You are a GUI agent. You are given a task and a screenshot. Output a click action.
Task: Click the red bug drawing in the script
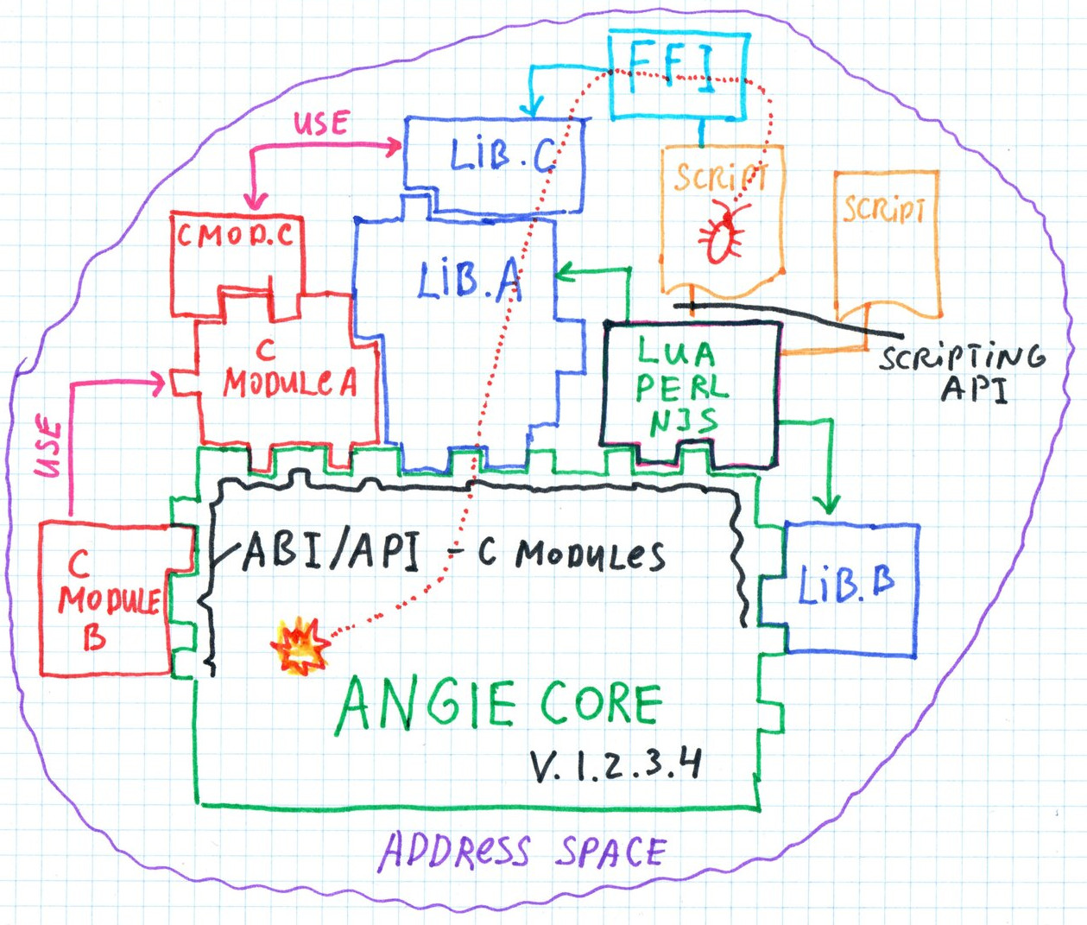[x=722, y=233]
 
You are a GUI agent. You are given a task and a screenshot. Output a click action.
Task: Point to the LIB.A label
[x=469, y=281]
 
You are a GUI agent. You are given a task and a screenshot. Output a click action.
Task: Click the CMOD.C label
[x=236, y=235]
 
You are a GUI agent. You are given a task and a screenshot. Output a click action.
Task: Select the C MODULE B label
[x=104, y=600]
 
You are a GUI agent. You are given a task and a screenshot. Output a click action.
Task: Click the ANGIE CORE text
[x=499, y=704]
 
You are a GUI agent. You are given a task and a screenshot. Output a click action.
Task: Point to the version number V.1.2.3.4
[x=615, y=764]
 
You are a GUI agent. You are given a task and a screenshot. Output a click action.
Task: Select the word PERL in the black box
[x=682, y=388]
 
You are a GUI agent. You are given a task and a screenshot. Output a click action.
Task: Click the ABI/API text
[x=332, y=550]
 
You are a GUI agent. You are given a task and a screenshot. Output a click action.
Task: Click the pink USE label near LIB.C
[x=321, y=124]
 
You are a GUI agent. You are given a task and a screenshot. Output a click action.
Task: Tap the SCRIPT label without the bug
[x=885, y=210]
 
